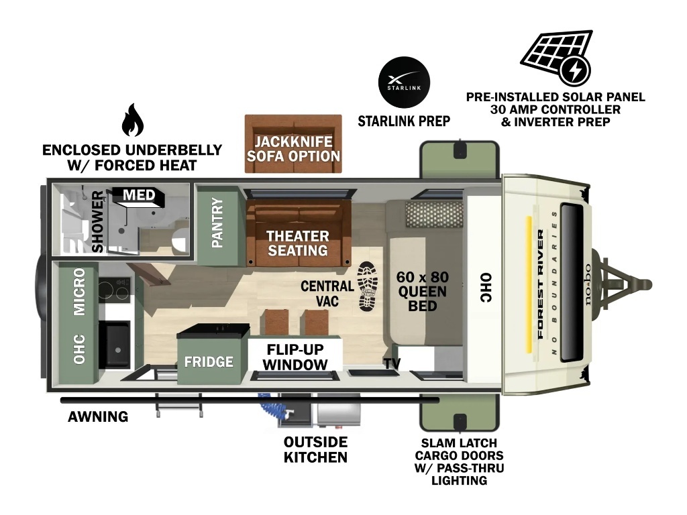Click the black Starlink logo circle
(404, 82)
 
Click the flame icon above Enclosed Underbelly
(132, 120)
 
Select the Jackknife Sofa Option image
(293, 144)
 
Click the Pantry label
(217, 223)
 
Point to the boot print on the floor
(367, 286)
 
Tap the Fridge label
(209, 361)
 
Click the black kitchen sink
(115, 345)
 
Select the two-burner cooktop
(114, 290)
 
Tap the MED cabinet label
(139, 194)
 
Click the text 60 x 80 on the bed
(423, 277)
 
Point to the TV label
(392, 363)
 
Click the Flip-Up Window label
(295, 357)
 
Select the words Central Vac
(327, 294)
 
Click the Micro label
(79, 292)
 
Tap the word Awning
(98, 416)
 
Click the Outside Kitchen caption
(315, 449)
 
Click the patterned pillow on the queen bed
(435, 214)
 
